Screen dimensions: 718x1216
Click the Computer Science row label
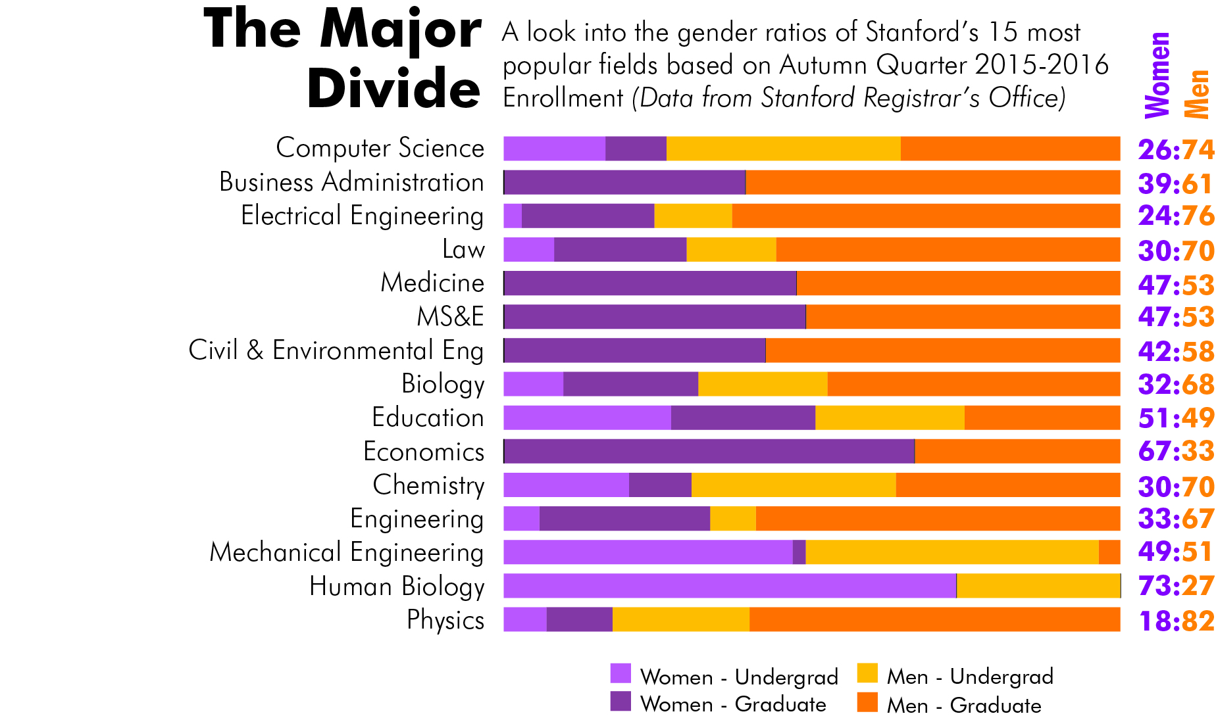(380, 148)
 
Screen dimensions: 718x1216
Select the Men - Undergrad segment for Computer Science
(783, 149)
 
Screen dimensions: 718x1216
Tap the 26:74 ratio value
(1176, 150)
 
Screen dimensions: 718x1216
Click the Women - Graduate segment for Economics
(709, 452)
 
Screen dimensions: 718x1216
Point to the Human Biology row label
(397, 586)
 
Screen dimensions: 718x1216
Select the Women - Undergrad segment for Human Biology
(729, 586)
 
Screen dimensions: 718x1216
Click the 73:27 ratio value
(1176, 586)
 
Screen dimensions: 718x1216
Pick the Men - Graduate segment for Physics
(934, 619)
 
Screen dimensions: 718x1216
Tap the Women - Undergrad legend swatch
(621, 674)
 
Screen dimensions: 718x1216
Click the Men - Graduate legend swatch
(867, 702)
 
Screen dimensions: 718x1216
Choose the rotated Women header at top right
(1157, 75)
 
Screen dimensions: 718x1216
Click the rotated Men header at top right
(1196, 94)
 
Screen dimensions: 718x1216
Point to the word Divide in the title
(393, 89)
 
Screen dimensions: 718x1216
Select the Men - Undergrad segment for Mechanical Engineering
(951, 552)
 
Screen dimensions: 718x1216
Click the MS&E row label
(450, 317)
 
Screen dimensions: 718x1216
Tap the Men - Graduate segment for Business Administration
(932, 182)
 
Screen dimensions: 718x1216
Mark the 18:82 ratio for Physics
(1176, 621)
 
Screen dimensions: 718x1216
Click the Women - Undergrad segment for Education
(587, 418)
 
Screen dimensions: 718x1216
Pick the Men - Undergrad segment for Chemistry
(794, 485)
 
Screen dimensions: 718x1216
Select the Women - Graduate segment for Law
(620, 250)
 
